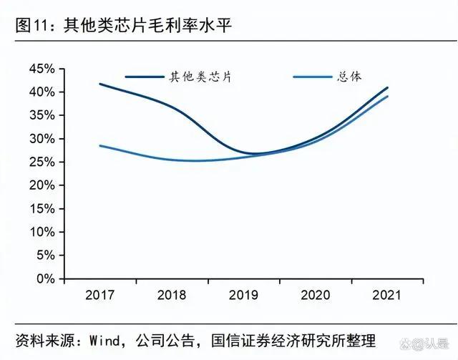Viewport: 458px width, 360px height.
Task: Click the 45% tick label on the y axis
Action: (x=42, y=69)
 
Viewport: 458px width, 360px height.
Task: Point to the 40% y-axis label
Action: (x=42, y=92)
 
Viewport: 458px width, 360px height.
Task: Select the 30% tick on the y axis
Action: (x=42, y=139)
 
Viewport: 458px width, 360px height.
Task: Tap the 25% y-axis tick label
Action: (x=42, y=162)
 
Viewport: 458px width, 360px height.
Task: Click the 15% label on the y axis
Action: (x=42, y=208)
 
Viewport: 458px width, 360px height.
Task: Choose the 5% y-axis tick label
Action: (x=44, y=255)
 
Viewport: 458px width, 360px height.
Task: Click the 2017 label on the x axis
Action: (x=99, y=295)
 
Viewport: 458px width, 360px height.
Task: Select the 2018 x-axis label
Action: (x=172, y=295)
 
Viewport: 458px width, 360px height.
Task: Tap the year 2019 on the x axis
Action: (x=243, y=295)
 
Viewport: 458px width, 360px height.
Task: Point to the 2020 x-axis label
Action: (x=315, y=295)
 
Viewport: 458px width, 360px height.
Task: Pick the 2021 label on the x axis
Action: (x=387, y=295)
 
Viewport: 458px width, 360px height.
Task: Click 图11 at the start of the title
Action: (x=31, y=26)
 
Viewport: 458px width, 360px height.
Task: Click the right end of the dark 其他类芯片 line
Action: (x=387, y=88)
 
